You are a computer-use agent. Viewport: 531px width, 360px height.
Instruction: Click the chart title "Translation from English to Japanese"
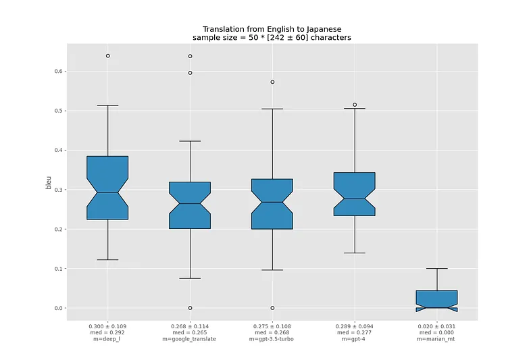coord(272,29)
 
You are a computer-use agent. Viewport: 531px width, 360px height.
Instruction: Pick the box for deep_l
coord(107,188)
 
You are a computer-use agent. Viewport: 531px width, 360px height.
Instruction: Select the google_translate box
coord(190,205)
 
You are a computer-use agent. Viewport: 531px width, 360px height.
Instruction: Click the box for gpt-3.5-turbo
coord(272,204)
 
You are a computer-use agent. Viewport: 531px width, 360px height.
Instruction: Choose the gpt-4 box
coord(354,194)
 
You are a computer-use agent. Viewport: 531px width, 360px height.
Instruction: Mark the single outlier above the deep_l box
coord(107,55)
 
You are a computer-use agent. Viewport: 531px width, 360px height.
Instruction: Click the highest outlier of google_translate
coord(190,56)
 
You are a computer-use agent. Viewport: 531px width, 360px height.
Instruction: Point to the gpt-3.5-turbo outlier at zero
coord(272,308)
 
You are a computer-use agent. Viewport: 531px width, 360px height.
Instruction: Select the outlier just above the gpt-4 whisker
coord(354,105)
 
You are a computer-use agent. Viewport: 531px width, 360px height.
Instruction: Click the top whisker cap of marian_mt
coord(436,269)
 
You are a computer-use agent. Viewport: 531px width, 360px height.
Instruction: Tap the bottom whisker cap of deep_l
coord(107,259)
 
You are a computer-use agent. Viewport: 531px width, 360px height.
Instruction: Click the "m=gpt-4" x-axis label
coord(354,339)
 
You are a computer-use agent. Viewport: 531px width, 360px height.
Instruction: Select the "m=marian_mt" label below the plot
coord(436,339)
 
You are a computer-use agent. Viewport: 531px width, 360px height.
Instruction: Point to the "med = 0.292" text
coord(107,333)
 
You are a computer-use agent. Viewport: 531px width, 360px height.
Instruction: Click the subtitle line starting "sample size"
coord(272,38)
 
